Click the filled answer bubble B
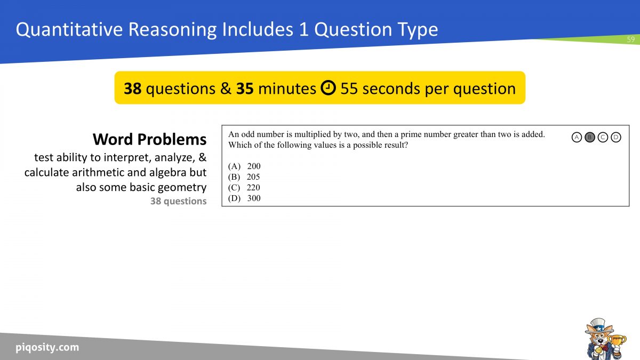click(590, 138)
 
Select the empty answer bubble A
click(577, 138)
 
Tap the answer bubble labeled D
click(615, 138)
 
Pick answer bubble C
click(603, 138)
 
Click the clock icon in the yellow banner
click(328, 87)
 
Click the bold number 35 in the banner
click(245, 89)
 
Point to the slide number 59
click(631, 39)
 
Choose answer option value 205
click(253, 177)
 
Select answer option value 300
click(254, 198)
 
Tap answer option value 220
click(253, 187)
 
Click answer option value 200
click(254, 166)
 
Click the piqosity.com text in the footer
click(47, 347)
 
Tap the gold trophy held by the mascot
click(617, 342)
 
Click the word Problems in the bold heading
click(172, 140)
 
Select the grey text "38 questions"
click(178, 201)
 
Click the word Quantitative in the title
click(69, 29)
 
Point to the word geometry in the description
click(182, 188)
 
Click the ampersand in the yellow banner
click(226, 89)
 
